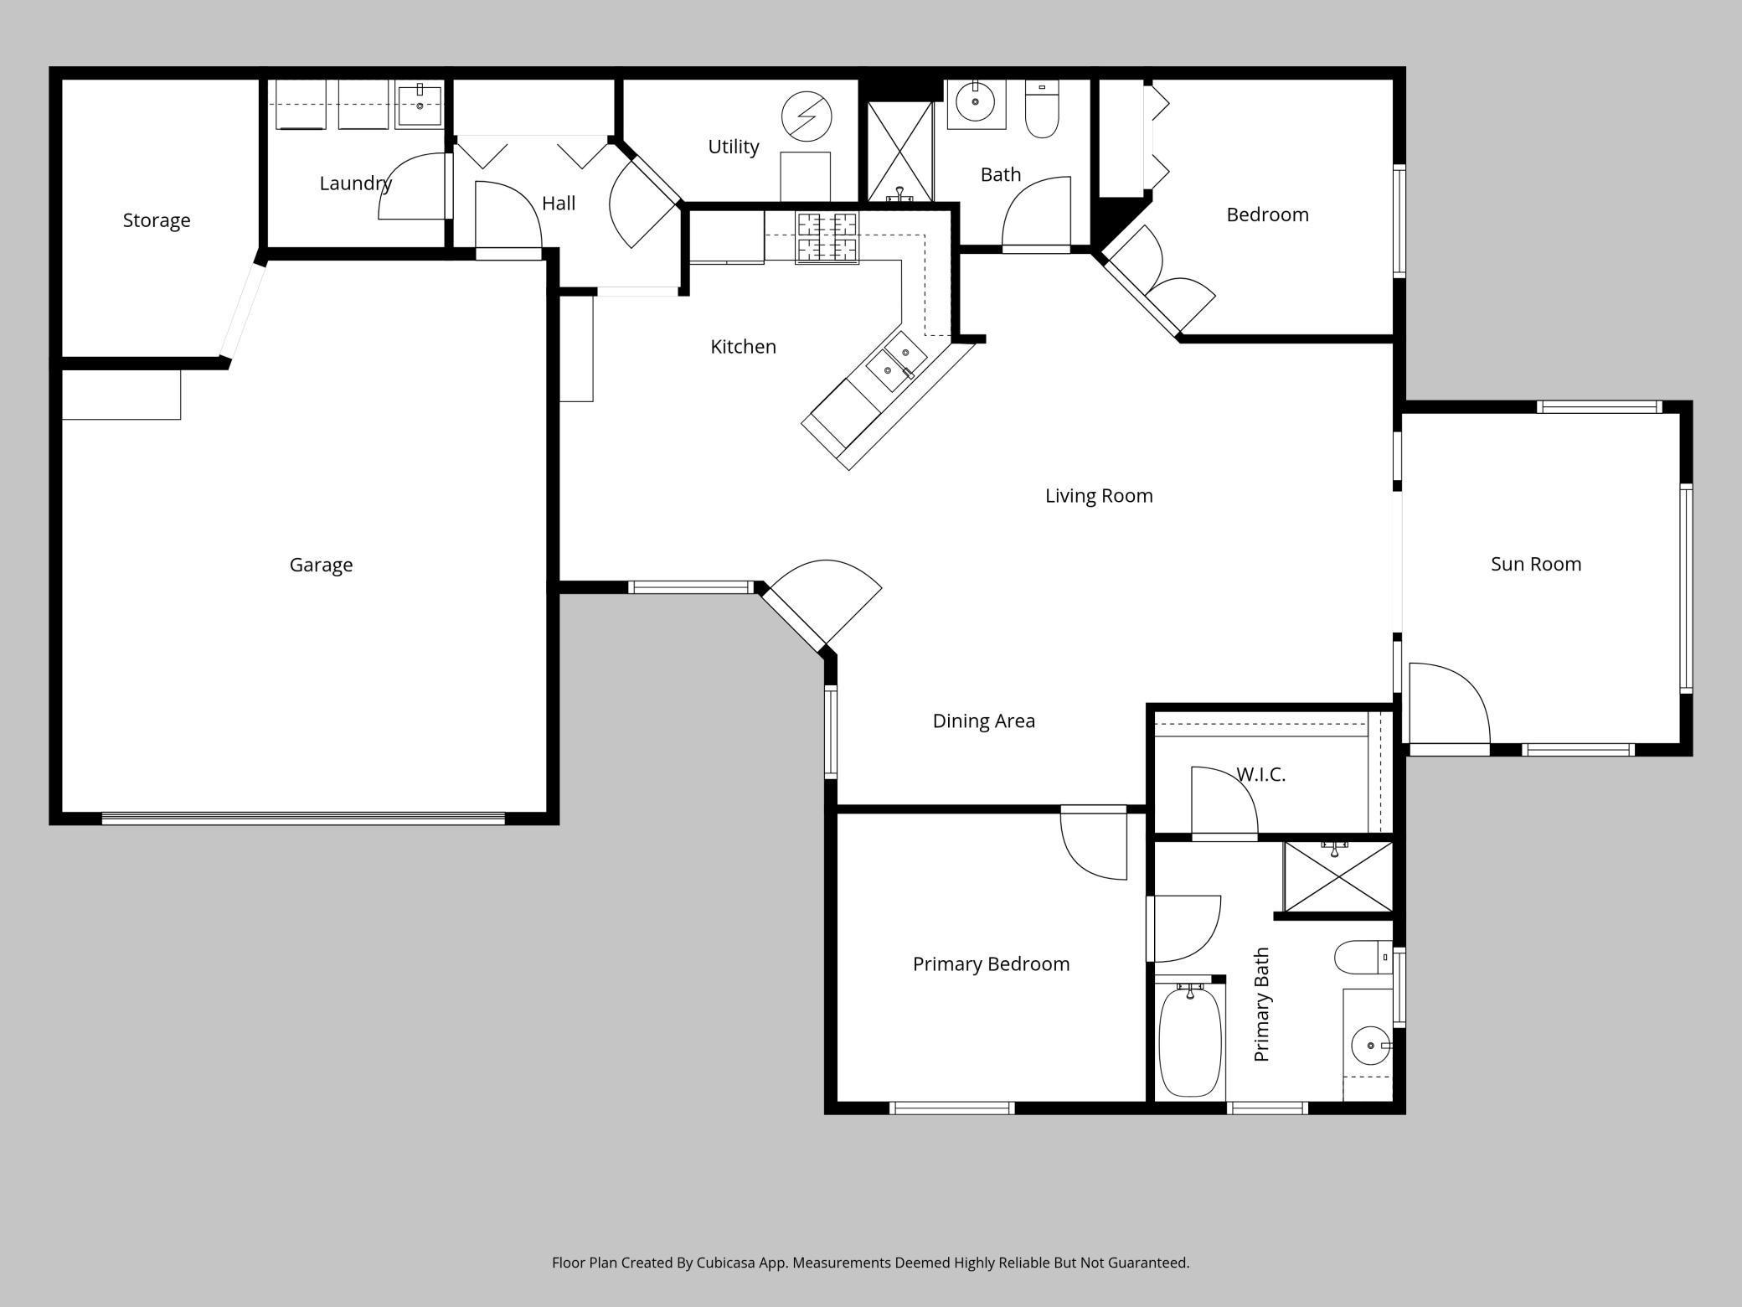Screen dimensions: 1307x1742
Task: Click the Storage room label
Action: point(157,220)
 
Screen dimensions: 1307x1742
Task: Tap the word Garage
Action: point(321,565)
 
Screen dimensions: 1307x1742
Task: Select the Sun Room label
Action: point(1535,564)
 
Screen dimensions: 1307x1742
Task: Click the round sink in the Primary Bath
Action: point(1369,1046)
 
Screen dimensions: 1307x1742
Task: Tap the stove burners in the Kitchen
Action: point(827,237)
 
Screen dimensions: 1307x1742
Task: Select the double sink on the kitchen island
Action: point(895,361)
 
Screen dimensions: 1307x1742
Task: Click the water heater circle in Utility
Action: point(806,116)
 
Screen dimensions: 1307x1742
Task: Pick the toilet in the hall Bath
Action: point(1042,109)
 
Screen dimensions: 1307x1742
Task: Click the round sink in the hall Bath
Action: point(975,102)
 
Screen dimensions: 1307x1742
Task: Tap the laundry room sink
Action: point(419,106)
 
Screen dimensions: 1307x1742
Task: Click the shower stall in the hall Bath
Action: point(899,151)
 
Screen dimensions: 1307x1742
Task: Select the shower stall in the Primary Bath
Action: point(1337,876)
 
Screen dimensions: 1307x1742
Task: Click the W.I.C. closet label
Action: point(1260,774)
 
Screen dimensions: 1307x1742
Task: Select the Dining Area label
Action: point(983,721)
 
